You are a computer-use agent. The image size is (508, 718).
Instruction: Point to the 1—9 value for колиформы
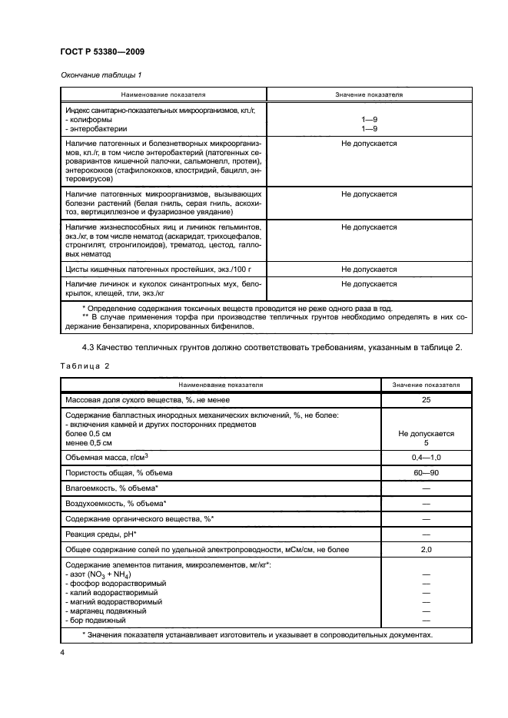369,120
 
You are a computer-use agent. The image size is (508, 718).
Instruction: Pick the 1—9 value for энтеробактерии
369,129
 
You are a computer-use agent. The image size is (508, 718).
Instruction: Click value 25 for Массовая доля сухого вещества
426,400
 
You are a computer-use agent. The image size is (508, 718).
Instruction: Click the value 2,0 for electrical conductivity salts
426,550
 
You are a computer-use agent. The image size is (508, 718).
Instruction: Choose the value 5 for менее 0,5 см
426,442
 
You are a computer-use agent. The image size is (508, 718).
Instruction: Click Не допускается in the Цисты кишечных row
369,270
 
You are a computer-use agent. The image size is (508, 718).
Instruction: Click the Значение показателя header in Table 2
426,383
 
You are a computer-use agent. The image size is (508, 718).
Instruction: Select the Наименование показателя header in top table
163,94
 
